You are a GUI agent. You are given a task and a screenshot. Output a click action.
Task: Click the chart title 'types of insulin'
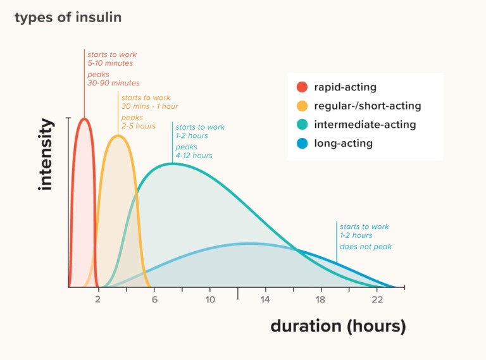pyautogui.click(x=68, y=17)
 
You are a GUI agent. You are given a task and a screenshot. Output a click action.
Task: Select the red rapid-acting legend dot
pyautogui.click(x=302, y=87)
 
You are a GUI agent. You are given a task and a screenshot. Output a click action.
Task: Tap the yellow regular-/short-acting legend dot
pyautogui.click(x=302, y=106)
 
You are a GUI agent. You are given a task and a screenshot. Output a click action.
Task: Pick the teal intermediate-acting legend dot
pyautogui.click(x=302, y=125)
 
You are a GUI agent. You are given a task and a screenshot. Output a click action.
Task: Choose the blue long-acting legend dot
pyautogui.click(x=302, y=144)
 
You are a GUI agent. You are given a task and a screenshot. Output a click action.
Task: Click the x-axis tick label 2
pyautogui.click(x=98, y=299)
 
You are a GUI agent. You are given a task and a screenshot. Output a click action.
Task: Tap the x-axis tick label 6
pyautogui.click(x=154, y=299)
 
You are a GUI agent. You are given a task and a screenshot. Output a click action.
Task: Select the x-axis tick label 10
pyautogui.click(x=209, y=299)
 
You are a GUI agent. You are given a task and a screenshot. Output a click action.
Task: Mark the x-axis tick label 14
pyautogui.click(x=265, y=299)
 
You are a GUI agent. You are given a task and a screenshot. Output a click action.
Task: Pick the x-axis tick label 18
pyautogui.click(x=321, y=299)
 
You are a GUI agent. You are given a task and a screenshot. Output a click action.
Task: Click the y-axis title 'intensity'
pyautogui.click(x=46, y=154)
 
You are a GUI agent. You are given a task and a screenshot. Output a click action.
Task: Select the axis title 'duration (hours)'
pyautogui.click(x=338, y=326)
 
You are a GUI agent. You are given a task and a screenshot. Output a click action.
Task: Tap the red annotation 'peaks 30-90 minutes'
pyautogui.click(x=113, y=78)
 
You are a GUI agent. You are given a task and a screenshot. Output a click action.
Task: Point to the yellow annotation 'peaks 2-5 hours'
pyautogui.click(x=138, y=121)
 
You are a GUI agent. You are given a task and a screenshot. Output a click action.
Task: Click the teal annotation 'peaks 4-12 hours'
pyautogui.click(x=194, y=151)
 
